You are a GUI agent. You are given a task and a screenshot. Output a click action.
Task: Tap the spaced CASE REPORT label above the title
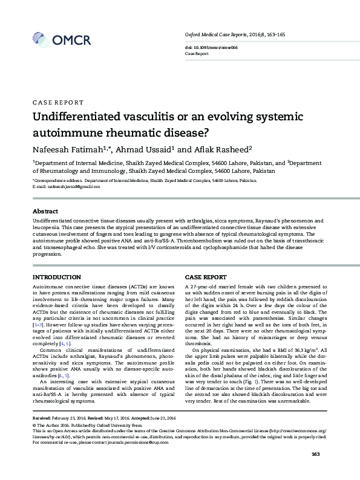point(58,103)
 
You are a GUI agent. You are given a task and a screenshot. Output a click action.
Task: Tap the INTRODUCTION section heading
point(56,276)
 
